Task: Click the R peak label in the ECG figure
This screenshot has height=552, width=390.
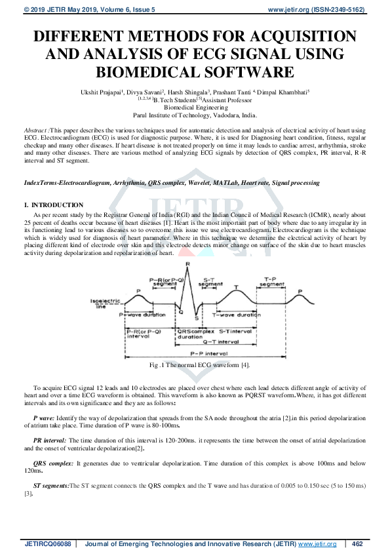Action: (x=188, y=264)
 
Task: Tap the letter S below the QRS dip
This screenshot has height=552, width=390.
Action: (x=196, y=317)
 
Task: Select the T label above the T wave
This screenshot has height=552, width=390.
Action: (x=236, y=286)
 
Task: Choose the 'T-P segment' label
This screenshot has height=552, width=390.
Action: (x=271, y=283)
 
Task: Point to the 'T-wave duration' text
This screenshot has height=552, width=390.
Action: (x=237, y=315)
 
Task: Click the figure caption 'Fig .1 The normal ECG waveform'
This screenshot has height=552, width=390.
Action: (x=195, y=365)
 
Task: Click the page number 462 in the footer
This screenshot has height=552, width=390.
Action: (x=357, y=543)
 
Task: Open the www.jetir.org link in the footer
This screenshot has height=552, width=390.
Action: (x=317, y=543)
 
